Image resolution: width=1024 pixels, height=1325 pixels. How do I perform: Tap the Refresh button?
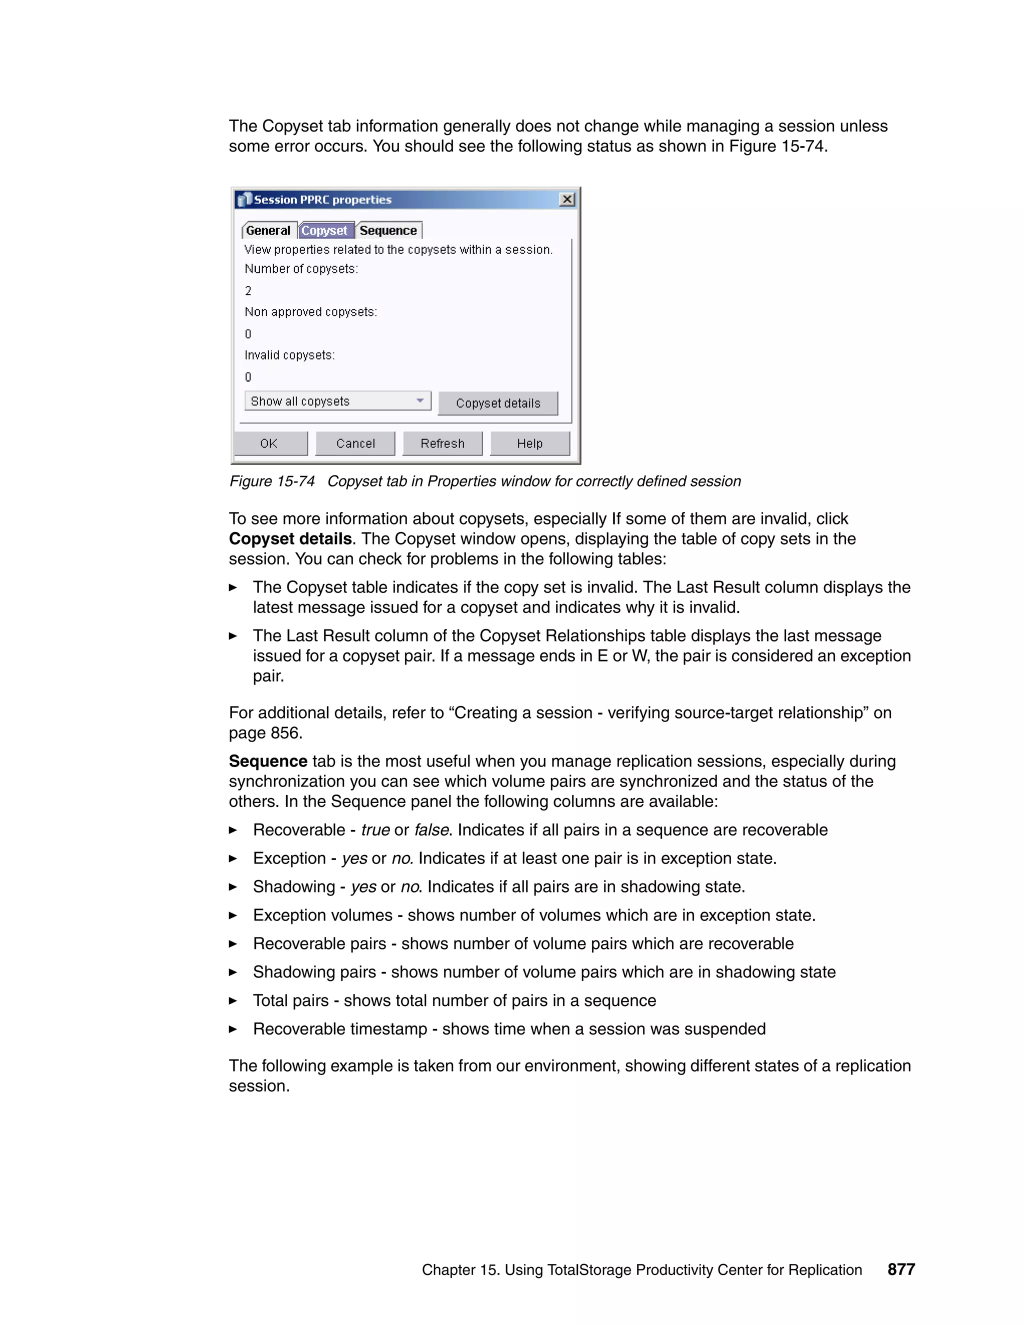click(x=442, y=443)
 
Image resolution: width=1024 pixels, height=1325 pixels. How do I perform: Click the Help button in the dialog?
click(x=529, y=443)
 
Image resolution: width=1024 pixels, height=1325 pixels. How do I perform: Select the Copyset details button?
click(x=497, y=403)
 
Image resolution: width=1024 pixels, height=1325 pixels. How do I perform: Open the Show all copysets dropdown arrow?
click(x=420, y=401)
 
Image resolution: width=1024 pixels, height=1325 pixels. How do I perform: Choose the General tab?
click(x=268, y=230)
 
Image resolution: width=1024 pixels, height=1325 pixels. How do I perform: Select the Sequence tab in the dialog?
click(x=388, y=230)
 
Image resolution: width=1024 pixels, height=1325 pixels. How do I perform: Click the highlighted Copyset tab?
click(x=324, y=230)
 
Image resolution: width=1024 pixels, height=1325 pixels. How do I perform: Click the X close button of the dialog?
click(x=566, y=199)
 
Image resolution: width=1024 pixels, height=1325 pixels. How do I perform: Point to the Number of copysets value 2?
click(x=248, y=290)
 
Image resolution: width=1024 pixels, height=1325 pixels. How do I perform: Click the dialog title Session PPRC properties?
click(x=322, y=199)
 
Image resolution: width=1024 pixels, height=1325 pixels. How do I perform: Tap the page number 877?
click(x=901, y=1269)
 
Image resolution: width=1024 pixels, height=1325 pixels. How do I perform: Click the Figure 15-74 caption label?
click(x=272, y=481)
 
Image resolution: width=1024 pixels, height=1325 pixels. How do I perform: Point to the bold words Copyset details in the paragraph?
click(x=290, y=538)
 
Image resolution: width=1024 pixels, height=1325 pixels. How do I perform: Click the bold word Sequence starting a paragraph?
click(x=267, y=761)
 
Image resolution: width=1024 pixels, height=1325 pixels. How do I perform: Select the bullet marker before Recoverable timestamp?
click(x=233, y=1029)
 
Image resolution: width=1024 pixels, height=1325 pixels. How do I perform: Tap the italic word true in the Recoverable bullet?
click(x=375, y=830)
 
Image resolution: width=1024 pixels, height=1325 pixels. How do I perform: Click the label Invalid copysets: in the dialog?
click(x=289, y=355)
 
